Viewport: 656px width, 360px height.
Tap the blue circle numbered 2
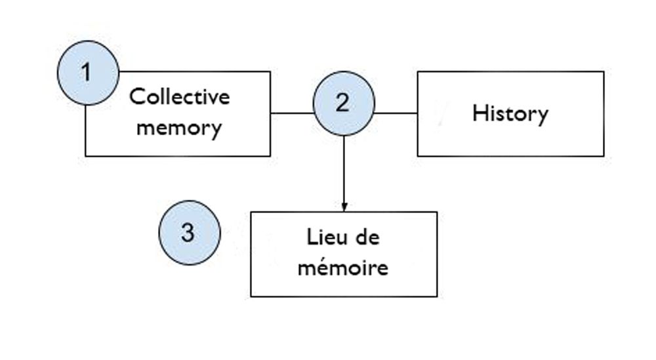coord(343,104)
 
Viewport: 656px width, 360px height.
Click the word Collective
coord(180,97)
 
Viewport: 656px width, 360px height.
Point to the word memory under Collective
coord(179,127)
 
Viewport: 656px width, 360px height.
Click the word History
coord(510,114)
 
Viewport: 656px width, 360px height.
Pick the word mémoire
coord(343,268)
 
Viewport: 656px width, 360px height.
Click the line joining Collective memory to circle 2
coord(291,113)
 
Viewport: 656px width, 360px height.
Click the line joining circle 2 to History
coord(396,113)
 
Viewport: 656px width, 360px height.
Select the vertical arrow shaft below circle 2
coord(344,170)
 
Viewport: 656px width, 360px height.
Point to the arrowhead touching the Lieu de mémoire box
coord(344,207)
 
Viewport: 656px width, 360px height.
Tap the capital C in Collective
coord(136,97)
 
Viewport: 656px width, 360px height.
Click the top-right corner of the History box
coord(604,71)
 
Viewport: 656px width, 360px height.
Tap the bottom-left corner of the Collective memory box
coord(86,156)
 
